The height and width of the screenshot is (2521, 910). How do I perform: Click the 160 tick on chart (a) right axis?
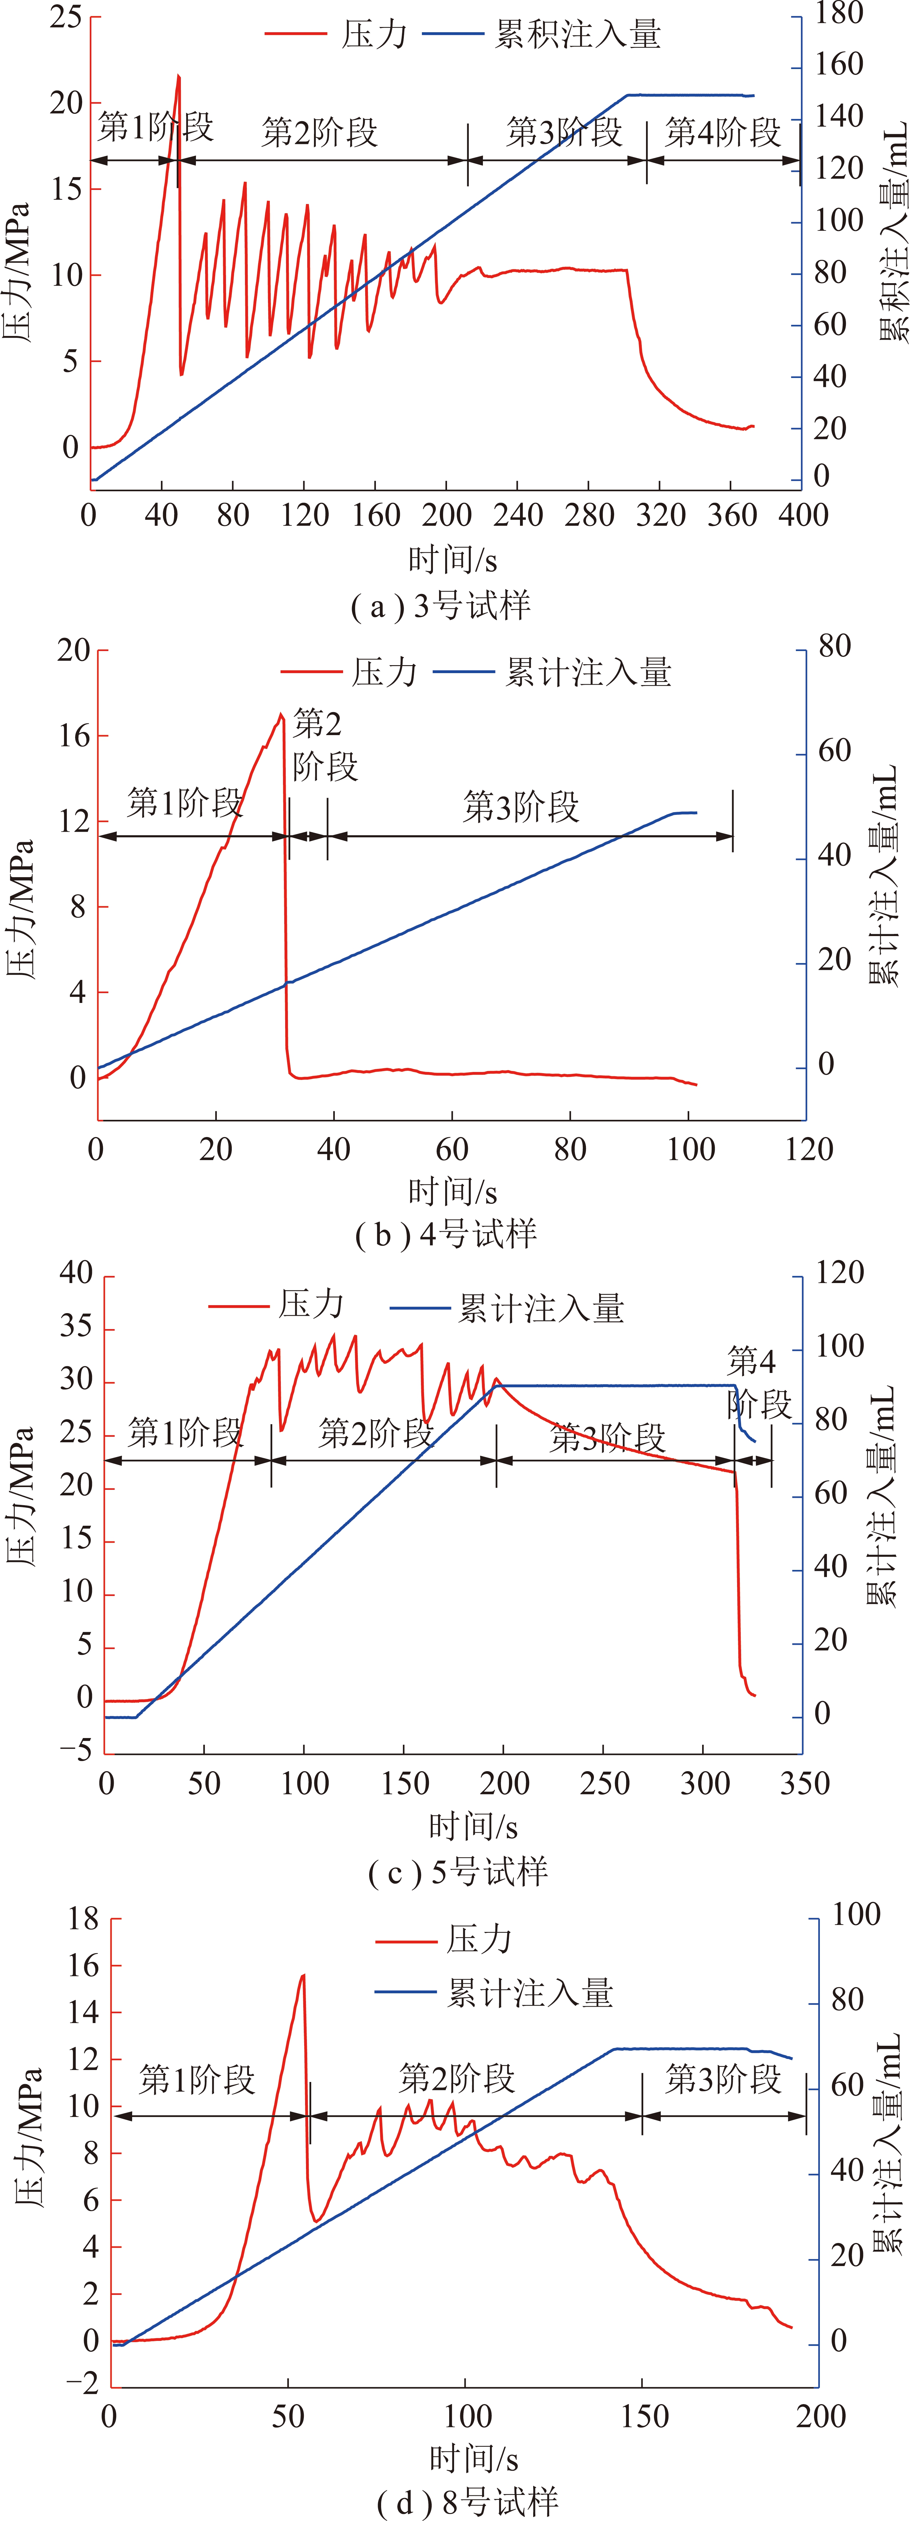(839, 65)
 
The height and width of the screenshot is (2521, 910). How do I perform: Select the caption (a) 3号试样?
(440, 606)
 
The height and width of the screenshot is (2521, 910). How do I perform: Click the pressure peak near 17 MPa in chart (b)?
(281, 715)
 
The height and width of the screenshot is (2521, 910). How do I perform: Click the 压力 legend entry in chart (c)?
(277, 1305)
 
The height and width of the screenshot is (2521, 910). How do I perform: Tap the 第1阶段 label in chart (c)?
(186, 1433)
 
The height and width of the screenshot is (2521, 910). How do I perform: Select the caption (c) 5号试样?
(458, 1872)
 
